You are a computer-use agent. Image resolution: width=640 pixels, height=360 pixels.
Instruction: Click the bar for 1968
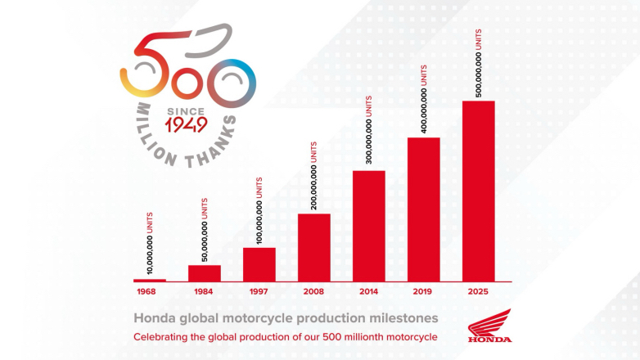coord(149,280)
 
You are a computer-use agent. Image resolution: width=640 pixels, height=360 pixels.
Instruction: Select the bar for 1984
coord(205,273)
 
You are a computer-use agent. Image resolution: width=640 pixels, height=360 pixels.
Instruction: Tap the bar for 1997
coord(259,264)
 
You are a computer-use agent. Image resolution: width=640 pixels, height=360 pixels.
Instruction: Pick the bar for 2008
coord(314,247)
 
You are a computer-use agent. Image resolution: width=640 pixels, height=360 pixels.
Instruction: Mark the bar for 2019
coord(424,209)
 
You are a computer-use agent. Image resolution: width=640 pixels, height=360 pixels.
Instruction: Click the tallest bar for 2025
coord(479,191)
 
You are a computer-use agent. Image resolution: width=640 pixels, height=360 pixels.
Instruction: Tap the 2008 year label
coord(314,291)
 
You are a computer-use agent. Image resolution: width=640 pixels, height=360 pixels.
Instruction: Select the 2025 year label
coord(479,291)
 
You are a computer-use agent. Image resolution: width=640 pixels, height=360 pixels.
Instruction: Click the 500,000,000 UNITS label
coord(479,62)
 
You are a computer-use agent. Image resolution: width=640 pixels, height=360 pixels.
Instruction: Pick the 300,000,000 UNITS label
coord(369,132)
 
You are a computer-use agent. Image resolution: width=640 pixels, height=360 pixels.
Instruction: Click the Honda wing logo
coord(489,321)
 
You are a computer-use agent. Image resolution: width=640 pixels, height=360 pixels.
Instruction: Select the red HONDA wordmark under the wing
coord(489,339)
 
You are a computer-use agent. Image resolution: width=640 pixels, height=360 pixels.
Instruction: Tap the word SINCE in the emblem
coord(186,109)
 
